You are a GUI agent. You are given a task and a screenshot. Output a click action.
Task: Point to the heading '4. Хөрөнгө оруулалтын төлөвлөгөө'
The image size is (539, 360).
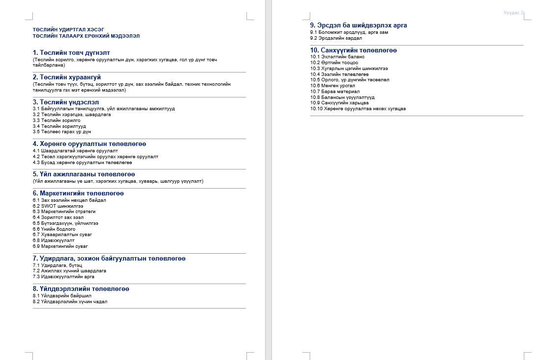[89, 144]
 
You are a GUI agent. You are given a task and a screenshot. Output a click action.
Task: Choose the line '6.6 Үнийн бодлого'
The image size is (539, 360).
[54, 229]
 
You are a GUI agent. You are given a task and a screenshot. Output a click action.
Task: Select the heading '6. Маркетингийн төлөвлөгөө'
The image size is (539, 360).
[78, 193]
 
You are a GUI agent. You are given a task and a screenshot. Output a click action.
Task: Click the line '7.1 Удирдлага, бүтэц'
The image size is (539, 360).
[57, 264]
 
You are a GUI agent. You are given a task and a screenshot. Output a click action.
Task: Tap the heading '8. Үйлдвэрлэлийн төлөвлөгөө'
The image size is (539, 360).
[81, 289]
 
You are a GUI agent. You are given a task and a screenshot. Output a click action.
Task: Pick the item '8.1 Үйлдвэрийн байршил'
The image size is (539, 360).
[59, 296]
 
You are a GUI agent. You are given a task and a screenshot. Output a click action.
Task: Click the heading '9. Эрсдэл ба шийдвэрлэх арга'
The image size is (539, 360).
[358, 25]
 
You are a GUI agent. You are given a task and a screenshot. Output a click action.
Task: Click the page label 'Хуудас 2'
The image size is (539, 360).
[514, 12]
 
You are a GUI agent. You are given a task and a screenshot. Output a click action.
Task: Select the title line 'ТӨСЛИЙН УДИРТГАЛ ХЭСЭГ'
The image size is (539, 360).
[69, 29]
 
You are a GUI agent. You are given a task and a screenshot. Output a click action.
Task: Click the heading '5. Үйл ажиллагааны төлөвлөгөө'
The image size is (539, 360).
[84, 174]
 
